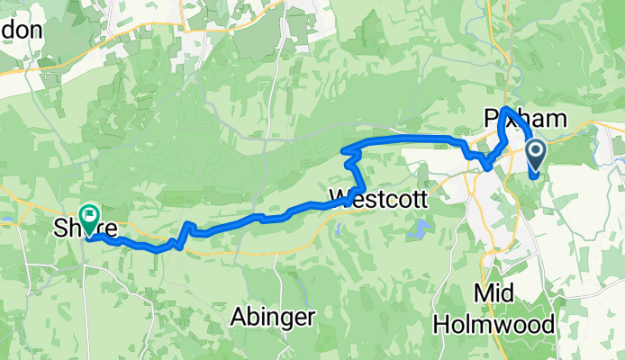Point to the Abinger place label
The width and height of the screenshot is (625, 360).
pos(272,316)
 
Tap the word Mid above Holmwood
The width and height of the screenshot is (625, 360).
pos(494,294)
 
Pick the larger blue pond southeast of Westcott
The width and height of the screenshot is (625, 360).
pos(415,230)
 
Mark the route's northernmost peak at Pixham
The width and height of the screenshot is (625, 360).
pos(506,110)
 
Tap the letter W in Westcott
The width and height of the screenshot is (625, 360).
pos(340,195)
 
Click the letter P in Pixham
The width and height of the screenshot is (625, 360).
pos(491,118)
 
